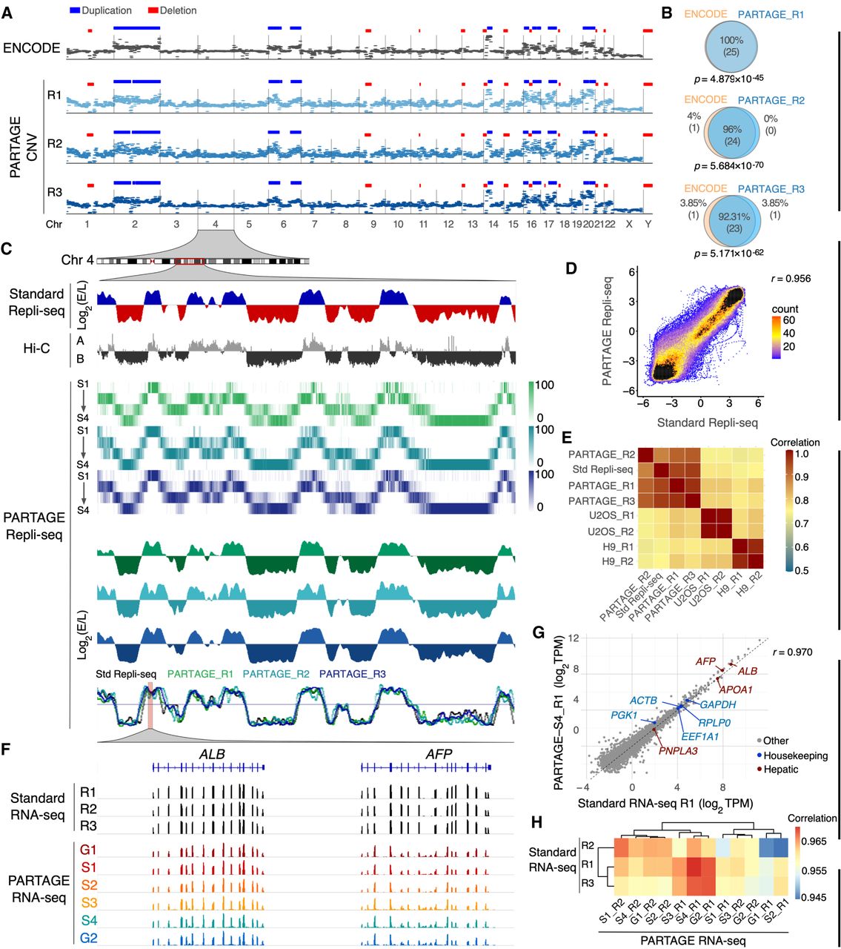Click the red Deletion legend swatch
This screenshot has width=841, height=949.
153,11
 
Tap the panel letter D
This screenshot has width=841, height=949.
571,268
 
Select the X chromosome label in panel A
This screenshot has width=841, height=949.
629,224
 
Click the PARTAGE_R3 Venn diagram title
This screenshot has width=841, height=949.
771,189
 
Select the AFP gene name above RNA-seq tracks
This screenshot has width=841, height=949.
439,754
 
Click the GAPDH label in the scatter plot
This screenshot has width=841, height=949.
717,704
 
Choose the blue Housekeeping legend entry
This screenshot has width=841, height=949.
768,755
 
